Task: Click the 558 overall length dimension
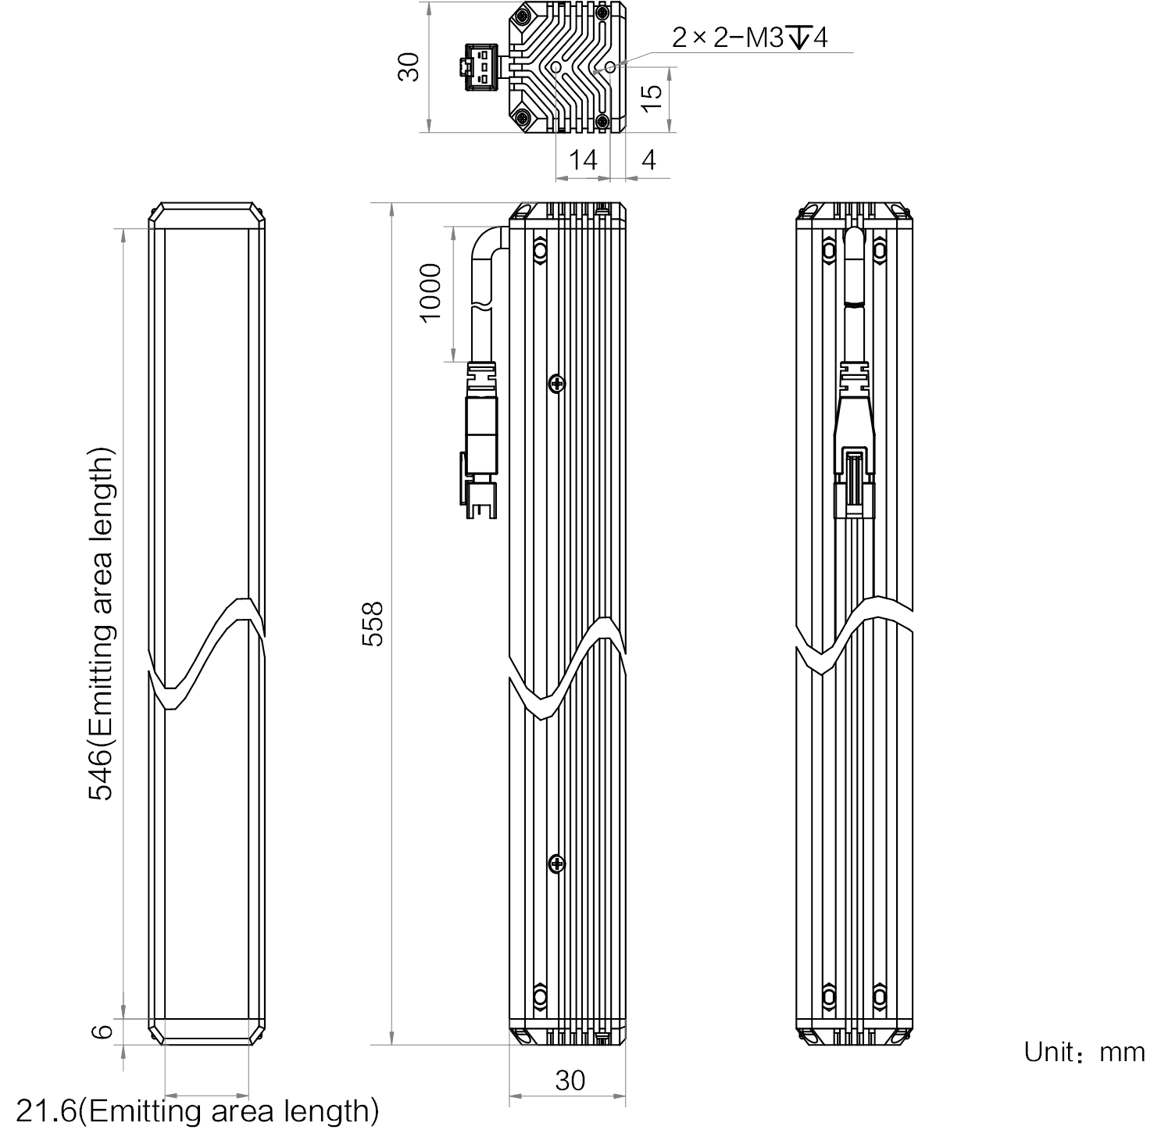pyautogui.click(x=374, y=624)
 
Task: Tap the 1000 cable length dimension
pyautogui.click(x=430, y=292)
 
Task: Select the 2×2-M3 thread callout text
pyautogui.click(x=749, y=37)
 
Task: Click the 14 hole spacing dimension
pyautogui.click(x=583, y=159)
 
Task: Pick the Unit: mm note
pyautogui.click(x=1084, y=1052)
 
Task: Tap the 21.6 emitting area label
pyautogui.click(x=197, y=1110)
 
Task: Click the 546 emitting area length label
pyautogui.click(x=101, y=624)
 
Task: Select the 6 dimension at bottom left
pyautogui.click(x=102, y=1031)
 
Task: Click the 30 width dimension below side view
pyautogui.click(x=570, y=1080)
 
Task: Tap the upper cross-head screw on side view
pyautogui.click(x=555, y=383)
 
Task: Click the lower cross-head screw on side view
pyautogui.click(x=555, y=863)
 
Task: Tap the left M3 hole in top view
pyautogui.click(x=555, y=68)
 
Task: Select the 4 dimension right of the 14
pyautogui.click(x=648, y=159)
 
